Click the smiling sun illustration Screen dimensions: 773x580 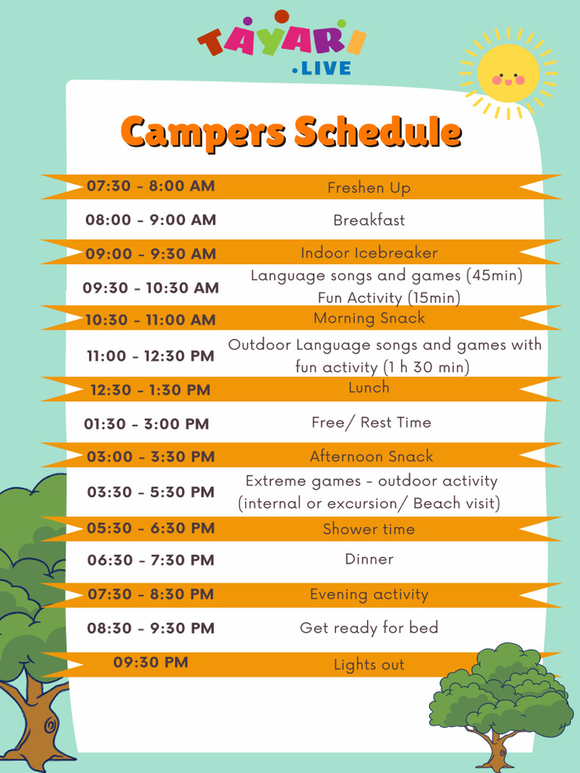pyautogui.click(x=508, y=74)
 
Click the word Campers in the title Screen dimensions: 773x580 pyautogui.click(x=203, y=132)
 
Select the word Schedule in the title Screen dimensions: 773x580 pyautogui.click(x=378, y=132)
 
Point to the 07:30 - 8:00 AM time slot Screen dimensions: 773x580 pyautogui.click(x=150, y=186)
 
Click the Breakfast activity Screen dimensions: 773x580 pyautogui.click(x=369, y=220)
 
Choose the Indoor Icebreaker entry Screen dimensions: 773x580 pyautogui.click(x=369, y=253)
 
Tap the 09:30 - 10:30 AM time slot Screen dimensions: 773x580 pyautogui.click(x=150, y=288)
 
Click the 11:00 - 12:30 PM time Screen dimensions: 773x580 pyautogui.click(x=150, y=356)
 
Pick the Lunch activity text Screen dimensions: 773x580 pyautogui.click(x=369, y=387)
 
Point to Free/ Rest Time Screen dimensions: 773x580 pyautogui.click(x=371, y=423)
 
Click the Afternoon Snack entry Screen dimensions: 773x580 pyautogui.click(x=372, y=456)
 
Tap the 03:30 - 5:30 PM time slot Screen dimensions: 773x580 pyautogui.click(x=150, y=492)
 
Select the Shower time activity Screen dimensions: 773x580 pyautogui.click(x=369, y=529)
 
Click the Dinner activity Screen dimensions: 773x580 pyautogui.click(x=369, y=559)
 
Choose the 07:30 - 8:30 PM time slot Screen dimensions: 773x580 pyautogui.click(x=150, y=594)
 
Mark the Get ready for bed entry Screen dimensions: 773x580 pyautogui.click(x=369, y=628)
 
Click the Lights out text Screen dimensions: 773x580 pyautogui.click(x=369, y=665)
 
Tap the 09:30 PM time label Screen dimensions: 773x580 pyautogui.click(x=150, y=663)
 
